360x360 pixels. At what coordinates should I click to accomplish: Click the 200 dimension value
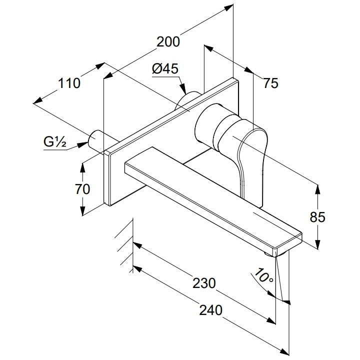[x=168, y=42]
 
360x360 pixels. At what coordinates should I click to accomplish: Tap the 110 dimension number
[x=69, y=83]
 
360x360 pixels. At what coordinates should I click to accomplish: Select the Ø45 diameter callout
[x=165, y=68]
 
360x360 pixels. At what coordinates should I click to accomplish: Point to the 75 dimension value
[x=270, y=83]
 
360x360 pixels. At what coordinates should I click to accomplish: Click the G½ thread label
[x=55, y=141]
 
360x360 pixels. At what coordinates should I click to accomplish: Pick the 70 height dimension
[x=82, y=189]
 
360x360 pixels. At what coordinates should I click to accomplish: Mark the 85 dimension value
[x=317, y=217]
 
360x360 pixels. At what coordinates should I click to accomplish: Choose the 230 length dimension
[x=204, y=283]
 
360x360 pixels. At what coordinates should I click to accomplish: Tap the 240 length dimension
[x=211, y=310]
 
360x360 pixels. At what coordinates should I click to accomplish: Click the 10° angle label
[x=264, y=275]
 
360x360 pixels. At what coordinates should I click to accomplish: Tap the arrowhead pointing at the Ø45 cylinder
[x=183, y=89]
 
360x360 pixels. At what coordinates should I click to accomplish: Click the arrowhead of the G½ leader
[x=82, y=144]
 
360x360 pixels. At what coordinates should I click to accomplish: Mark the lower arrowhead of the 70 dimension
[x=82, y=210]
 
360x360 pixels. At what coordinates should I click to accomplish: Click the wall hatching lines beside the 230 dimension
[x=124, y=246]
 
